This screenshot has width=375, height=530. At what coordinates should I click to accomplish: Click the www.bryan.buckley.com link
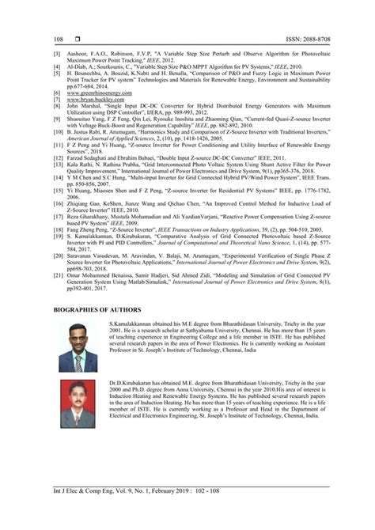click(85, 100)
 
